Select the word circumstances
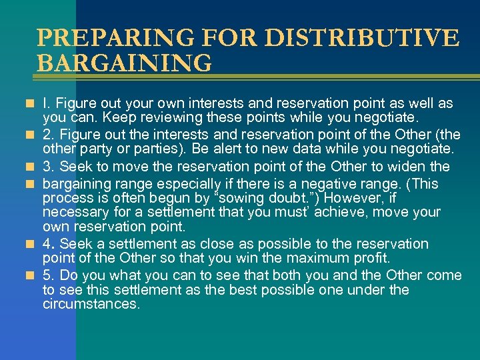(x=91, y=304)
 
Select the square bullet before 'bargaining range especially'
(x=31, y=182)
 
